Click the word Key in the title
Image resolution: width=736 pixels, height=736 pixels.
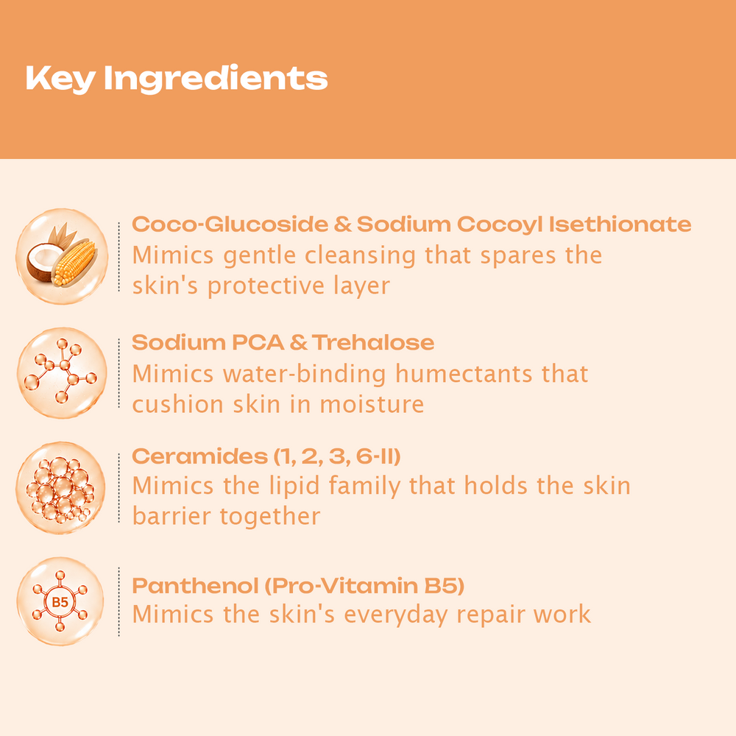[x=60, y=79]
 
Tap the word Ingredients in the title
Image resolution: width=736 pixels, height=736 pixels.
[x=216, y=79]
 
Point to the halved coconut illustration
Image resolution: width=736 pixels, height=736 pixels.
[x=43, y=262]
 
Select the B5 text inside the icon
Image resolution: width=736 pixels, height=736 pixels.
[x=60, y=602]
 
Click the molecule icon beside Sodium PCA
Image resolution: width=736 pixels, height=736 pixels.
[x=62, y=372]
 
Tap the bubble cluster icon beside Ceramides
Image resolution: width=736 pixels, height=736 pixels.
[x=61, y=488]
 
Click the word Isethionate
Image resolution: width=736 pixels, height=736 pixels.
[x=620, y=224]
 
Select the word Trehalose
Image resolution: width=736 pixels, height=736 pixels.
[x=373, y=342]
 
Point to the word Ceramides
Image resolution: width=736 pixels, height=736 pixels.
[x=200, y=456]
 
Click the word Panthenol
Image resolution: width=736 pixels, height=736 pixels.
[x=196, y=585]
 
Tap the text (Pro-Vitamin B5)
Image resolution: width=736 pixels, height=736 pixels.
[x=365, y=585]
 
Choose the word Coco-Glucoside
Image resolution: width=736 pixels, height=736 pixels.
[x=230, y=224]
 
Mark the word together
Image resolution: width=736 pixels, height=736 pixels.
[x=270, y=517]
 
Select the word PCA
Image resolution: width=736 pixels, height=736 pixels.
[x=258, y=342]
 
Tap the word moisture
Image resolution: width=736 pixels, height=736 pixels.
[x=372, y=405]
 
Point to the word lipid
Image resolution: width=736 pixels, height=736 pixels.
[x=295, y=486]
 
